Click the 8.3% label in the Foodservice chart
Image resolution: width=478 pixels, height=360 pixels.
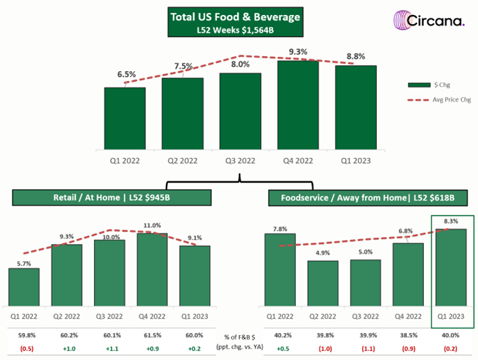click(450, 222)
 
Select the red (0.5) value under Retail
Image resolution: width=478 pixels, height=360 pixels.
click(24, 348)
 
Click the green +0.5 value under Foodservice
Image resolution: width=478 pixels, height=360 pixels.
click(280, 348)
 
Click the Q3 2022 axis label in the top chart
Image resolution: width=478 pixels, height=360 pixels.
click(240, 160)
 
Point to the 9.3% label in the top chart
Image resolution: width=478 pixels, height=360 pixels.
click(298, 51)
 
